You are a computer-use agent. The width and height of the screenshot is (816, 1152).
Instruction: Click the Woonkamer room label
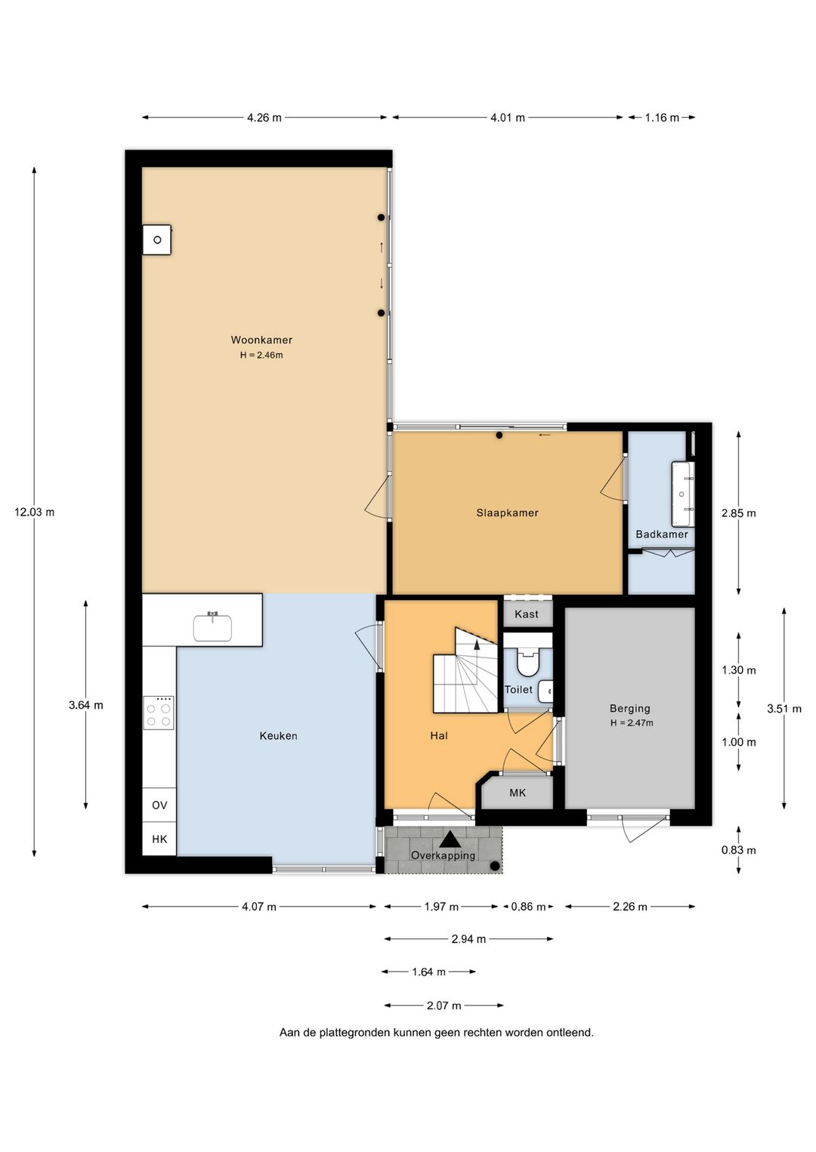(261, 340)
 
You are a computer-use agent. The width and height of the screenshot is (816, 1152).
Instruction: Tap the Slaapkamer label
(507, 513)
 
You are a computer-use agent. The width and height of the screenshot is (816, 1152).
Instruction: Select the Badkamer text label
(661, 534)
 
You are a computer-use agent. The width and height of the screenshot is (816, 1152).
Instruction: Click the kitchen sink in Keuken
(212, 627)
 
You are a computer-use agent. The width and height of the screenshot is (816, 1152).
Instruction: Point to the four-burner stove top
(159, 712)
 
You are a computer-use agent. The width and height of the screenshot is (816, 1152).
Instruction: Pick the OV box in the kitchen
(159, 805)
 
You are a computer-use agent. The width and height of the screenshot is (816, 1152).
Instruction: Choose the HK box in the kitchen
(159, 839)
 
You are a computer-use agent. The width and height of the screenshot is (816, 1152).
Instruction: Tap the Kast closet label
(527, 614)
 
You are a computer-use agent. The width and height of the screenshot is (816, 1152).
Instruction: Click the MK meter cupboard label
(518, 793)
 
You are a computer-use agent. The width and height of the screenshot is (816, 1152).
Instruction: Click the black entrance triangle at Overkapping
(450, 839)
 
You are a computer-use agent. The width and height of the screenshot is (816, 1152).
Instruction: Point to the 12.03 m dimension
(35, 512)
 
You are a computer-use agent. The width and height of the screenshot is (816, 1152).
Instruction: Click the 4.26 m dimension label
(264, 118)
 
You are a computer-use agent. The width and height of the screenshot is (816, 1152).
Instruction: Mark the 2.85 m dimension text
(738, 513)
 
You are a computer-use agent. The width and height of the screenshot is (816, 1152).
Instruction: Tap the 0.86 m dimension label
(528, 907)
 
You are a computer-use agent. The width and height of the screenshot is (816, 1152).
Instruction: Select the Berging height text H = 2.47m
(632, 722)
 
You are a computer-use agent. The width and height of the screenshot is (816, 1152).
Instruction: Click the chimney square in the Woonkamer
(157, 240)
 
